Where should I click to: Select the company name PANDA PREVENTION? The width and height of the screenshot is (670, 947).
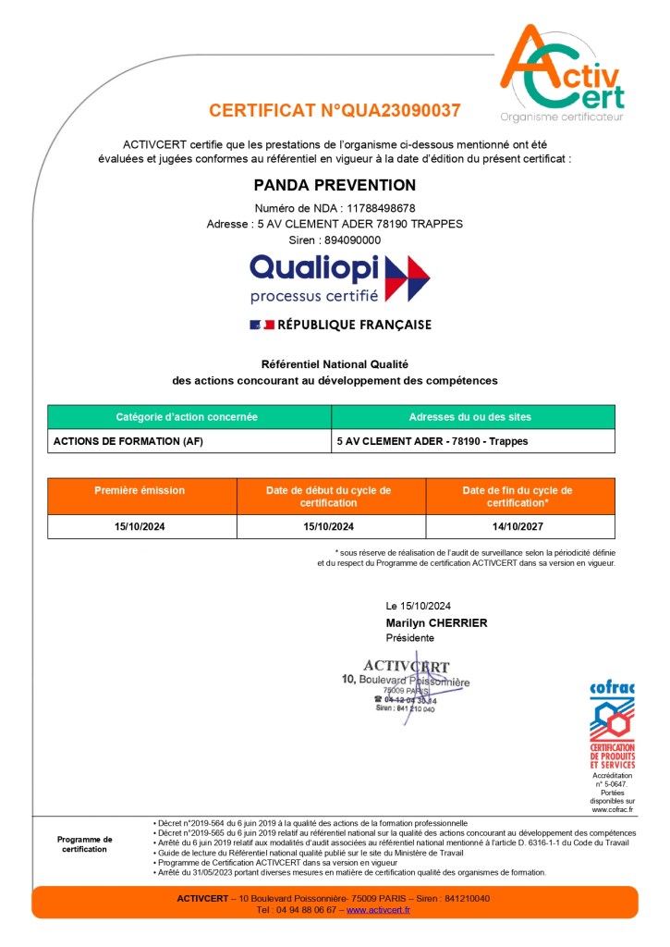(335, 185)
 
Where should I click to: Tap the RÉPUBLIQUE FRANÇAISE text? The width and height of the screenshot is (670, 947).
(355, 325)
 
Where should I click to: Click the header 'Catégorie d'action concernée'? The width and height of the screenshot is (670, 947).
(187, 417)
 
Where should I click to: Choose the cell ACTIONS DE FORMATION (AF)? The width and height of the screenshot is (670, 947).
(128, 441)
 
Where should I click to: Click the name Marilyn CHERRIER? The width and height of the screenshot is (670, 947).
(436, 622)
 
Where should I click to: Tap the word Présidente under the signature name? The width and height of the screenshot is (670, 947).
(409, 638)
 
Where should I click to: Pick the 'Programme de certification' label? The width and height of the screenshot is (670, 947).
(85, 844)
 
